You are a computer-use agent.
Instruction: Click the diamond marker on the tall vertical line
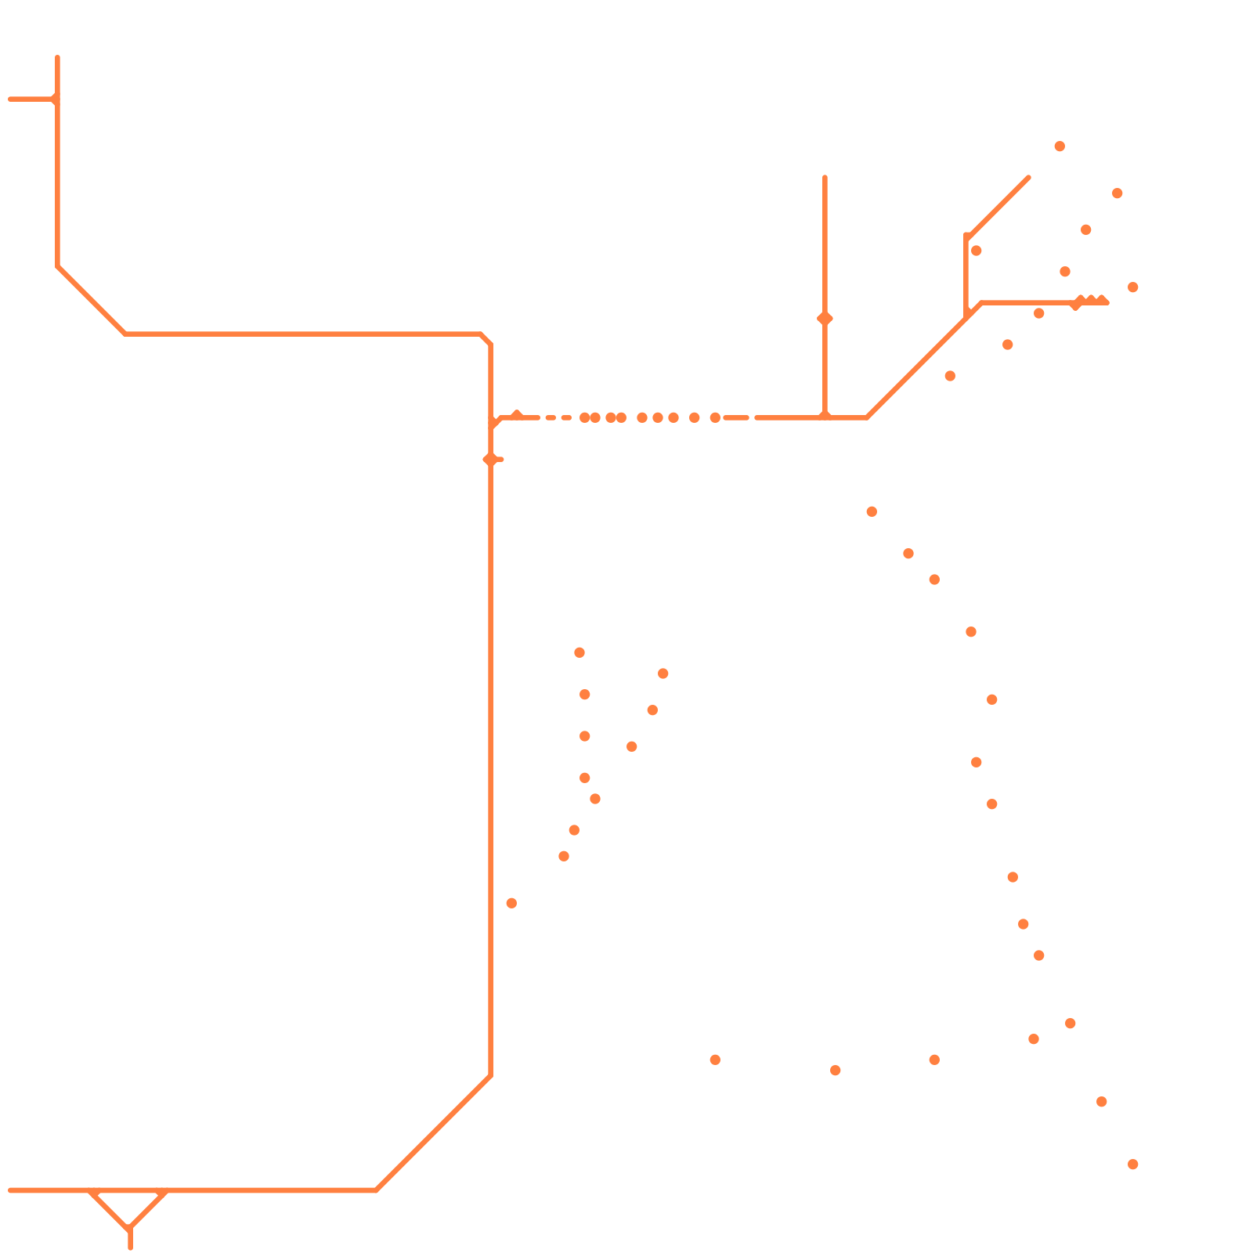(x=825, y=319)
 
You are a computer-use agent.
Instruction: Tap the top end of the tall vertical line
(x=825, y=178)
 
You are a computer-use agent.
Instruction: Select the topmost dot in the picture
(x=1060, y=146)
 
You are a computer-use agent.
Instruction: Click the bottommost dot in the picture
(x=1132, y=1165)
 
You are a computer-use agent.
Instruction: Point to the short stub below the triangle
(x=130, y=1240)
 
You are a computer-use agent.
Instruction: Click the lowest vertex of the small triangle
(x=130, y=1229)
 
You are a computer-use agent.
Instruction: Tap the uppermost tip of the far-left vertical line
(x=57, y=57)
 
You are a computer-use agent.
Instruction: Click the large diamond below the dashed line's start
(x=490, y=460)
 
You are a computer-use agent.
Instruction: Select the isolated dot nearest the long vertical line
(x=511, y=903)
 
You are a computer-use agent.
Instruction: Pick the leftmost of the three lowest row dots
(x=715, y=1060)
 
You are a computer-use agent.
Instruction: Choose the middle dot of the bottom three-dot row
(x=835, y=1071)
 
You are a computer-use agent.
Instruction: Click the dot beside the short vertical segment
(x=976, y=251)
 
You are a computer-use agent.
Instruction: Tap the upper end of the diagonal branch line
(x=1028, y=178)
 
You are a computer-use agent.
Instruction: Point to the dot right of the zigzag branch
(x=1132, y=287)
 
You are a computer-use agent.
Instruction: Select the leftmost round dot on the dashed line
(x=584, y=417)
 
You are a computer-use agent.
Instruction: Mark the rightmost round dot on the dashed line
(x=715, y=417)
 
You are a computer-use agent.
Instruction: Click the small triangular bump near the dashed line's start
(x=516, y=414)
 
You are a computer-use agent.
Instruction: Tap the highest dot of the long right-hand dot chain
(x=872, y=511)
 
